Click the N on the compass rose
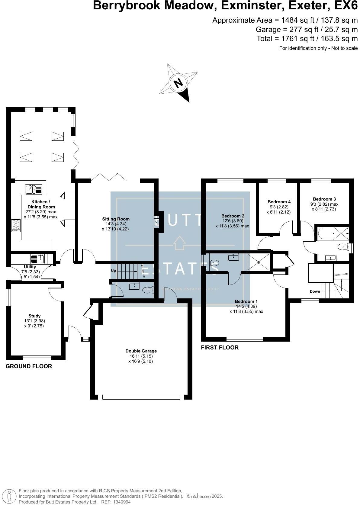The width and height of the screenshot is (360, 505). coord(179,82)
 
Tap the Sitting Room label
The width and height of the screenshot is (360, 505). coord(116,219)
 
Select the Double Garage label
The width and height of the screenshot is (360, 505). coord(141,351)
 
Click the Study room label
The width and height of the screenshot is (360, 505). coord(34,316)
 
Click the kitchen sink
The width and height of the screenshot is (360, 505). coord(34,189)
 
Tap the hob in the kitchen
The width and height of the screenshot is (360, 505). coord(16,225)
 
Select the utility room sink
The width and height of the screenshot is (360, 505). coord(37,259)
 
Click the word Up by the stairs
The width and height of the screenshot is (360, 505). coord(114,271)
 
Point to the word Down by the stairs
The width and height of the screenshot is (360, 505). coord(315,291)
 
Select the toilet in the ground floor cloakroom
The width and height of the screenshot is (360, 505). coord(147,290)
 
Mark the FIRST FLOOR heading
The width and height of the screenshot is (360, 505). coord(220,348)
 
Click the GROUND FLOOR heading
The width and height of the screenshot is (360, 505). coord(29,366)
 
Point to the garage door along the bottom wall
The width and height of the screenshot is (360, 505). coord(141,397)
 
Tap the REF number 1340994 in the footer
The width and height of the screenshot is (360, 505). coord(122,502)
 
